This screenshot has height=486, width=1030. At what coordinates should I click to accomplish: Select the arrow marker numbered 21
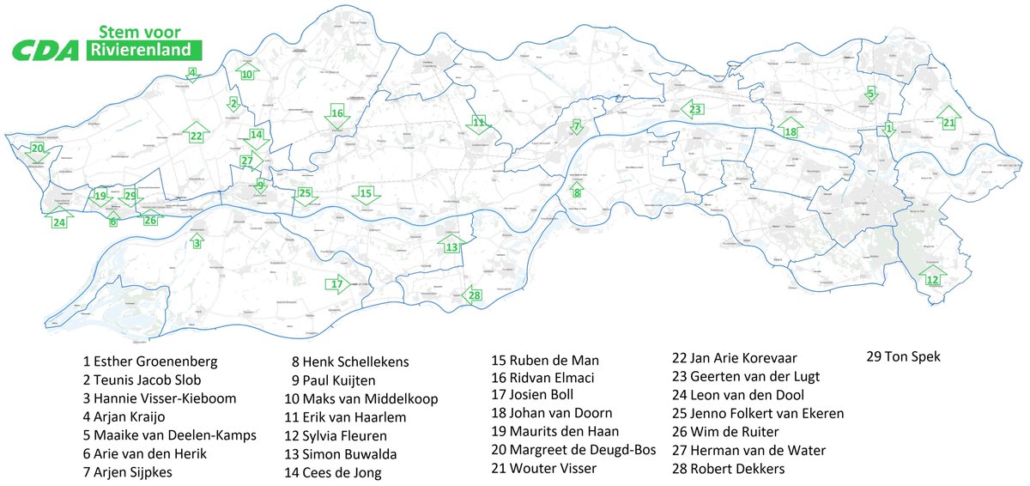tap(948, 121)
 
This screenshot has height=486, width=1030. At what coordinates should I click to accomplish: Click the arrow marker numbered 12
tap(931, 277)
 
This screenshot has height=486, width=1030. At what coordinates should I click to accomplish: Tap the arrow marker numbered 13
tap(451, 246)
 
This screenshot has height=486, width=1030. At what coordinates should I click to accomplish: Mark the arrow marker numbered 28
tap(473, 295)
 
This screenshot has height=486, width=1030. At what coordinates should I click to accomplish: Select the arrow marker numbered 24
tap(58, 221)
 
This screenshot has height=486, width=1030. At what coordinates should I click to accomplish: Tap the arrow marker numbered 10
tap(246, 72)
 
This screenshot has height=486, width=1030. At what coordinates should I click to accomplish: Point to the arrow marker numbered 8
tap(577, 191)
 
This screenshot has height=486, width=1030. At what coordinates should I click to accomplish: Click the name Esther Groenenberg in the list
tap(149, 361)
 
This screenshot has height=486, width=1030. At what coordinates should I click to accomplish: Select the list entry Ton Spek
tap(905, 356)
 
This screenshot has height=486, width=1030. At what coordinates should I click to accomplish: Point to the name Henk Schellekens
tap(349, 361)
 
